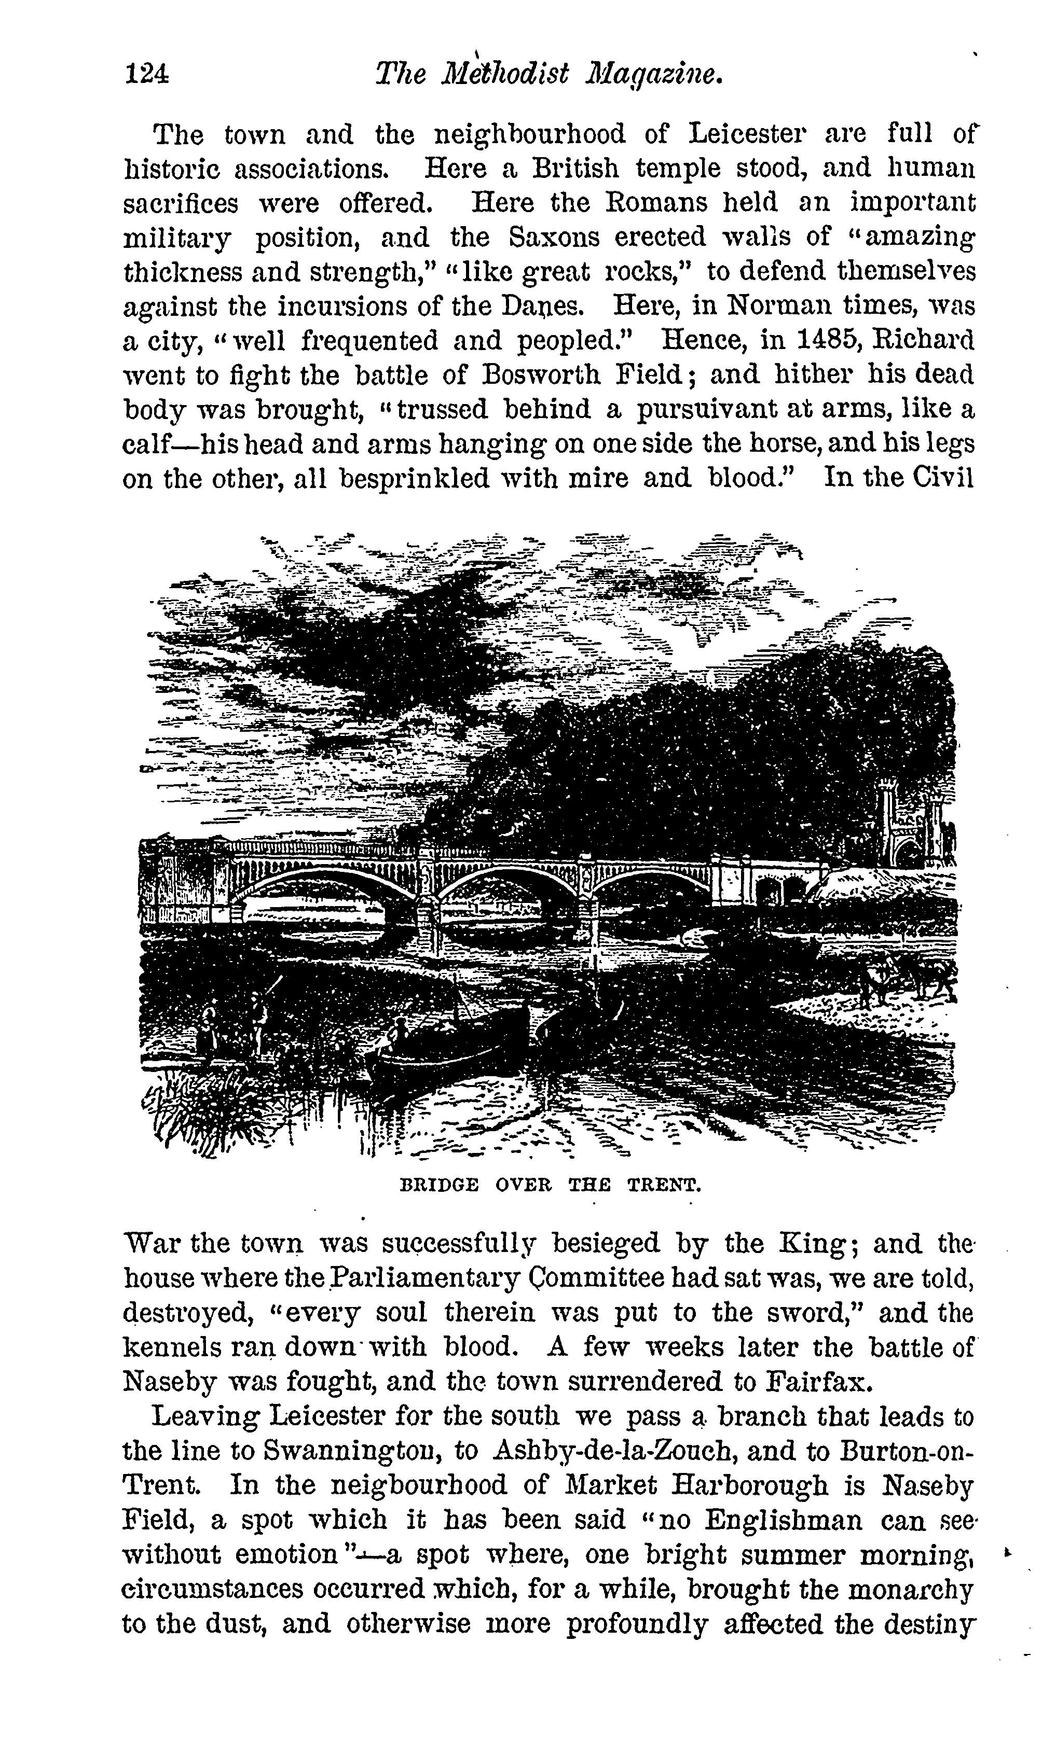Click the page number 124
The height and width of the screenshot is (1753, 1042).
pos(146,74)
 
